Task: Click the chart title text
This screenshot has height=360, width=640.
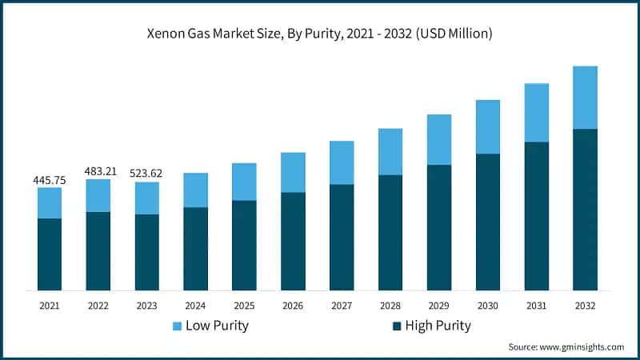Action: tap(320, 34)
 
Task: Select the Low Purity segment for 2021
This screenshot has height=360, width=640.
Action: tap(50, 203)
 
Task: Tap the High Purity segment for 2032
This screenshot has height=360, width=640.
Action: tap(586, 210)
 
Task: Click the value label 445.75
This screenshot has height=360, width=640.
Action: tap(50, 180)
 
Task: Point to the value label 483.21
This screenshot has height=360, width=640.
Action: tap(98, 171)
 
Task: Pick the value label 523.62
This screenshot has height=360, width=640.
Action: tap(146, 173)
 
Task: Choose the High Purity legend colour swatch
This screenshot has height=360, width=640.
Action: tap(397, 326)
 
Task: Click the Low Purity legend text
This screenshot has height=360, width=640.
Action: tap(217, 326)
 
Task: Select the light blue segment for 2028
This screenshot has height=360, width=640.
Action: tap(390, 152)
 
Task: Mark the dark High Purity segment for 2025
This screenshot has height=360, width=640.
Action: tap(244, 245)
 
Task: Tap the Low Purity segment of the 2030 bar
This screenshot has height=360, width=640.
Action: tap(488, 126)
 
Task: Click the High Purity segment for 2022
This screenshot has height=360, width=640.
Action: tap(98, 250)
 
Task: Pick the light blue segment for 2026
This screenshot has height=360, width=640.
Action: tap(293, 172)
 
